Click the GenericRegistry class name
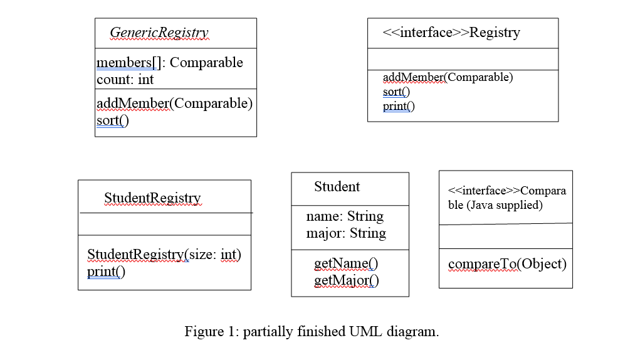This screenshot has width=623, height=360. tap(159, 33)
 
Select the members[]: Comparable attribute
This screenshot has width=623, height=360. tap(169, 63)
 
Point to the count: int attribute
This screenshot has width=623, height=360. tap(125, 80)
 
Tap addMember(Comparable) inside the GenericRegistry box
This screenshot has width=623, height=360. tap(174, 103)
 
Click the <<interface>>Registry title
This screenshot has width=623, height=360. tap(451, 33)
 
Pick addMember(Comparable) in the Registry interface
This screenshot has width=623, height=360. tap(448, 77)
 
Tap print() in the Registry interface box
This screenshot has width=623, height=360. tap(399, 106)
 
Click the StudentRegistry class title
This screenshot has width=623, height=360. tap(152, 198)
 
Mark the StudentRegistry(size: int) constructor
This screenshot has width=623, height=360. tap(164, 255)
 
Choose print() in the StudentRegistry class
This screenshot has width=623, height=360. tap(106, 272)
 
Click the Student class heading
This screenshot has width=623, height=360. tap(337, 187)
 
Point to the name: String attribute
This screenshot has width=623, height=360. tap(345, 216)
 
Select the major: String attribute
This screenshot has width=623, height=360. tap(346, 233)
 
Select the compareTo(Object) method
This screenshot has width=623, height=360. tap(507, 264)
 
